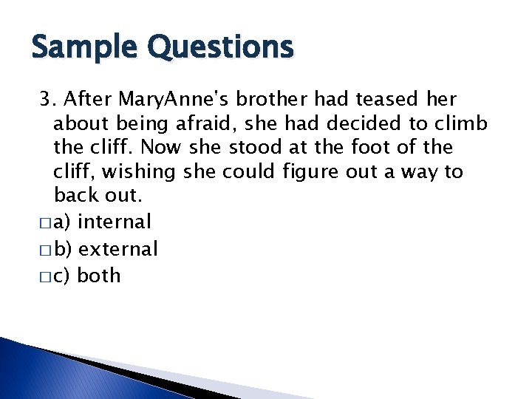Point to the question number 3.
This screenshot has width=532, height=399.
point(47,99)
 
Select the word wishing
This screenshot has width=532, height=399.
point(138,172)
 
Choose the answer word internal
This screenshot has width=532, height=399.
point(115,222)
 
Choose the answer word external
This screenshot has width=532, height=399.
point(118,249)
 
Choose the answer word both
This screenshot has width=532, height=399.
point(99,276)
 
